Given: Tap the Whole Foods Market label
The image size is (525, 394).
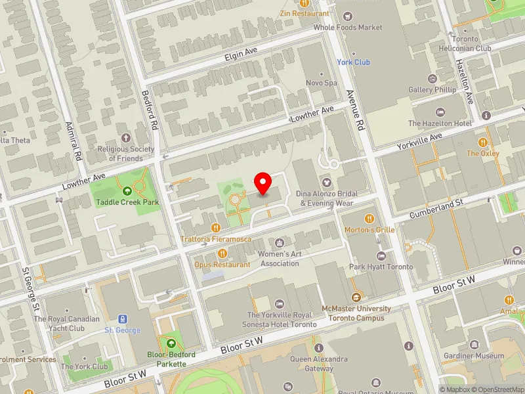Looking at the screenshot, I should click(x=347, y=28).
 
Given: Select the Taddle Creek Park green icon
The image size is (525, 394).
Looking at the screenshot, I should click(x=128, y=190).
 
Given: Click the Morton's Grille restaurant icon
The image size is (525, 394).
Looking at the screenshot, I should click(x=369, y=218).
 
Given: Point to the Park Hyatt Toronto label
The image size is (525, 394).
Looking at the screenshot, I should click(x=381, y=267).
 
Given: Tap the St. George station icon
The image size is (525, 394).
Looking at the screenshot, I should click(x=123, y=318).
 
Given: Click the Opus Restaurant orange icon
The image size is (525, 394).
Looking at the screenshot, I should click(x=222, y=253).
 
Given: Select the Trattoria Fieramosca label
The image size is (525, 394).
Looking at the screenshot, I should click(x=217, y=239).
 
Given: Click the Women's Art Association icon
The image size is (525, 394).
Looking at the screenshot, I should click(x=280, y=243).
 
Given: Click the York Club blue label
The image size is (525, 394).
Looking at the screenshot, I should click(x=353, y=62).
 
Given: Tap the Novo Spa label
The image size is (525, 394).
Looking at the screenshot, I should click(x=322, y=83).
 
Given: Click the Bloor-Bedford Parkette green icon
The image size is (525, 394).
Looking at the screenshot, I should click(x=171, y=343).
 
